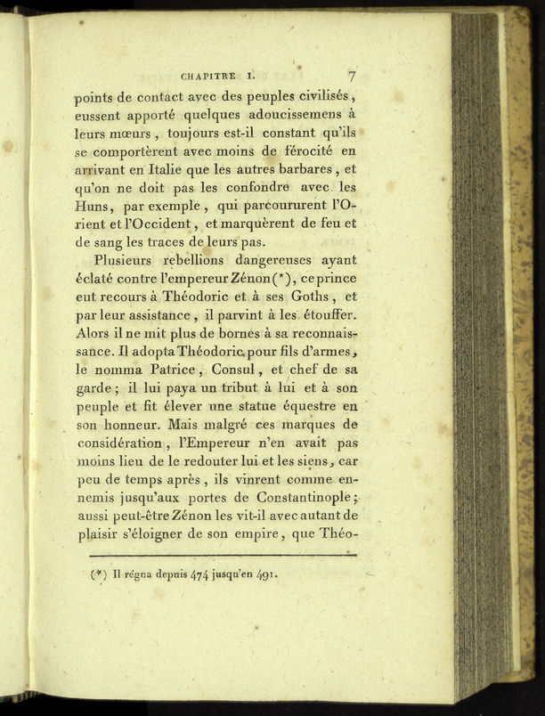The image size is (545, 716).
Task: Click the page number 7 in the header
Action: (x=352, y=75)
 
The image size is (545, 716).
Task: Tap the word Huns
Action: (x=92, y=212)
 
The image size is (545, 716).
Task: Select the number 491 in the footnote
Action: (x=266, y=574)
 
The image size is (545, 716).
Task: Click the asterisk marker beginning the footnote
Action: (x=100, y=574)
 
